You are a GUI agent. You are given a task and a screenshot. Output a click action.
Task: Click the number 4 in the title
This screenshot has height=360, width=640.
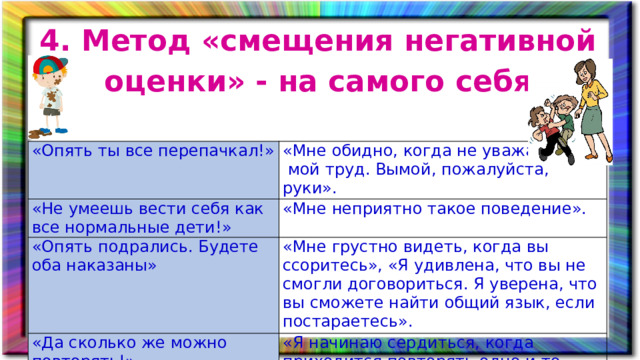pos(47,42)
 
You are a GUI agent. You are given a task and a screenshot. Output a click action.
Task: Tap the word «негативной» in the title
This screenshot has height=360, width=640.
pos(511,42)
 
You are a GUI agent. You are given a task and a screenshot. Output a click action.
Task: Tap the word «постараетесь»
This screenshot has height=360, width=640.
pos(346,321)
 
